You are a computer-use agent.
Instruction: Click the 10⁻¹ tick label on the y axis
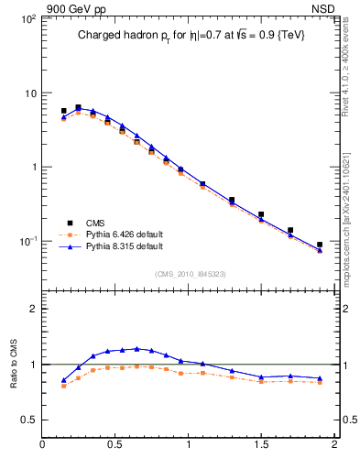coord(27,241)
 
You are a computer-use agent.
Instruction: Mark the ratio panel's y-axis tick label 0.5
coord(27,420)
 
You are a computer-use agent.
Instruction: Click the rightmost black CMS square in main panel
coord(320,245)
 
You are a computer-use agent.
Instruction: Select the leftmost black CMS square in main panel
coord(63,111)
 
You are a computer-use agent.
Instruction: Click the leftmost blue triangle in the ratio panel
coord(63,380)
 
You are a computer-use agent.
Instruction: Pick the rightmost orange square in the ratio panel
coord(320,382)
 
